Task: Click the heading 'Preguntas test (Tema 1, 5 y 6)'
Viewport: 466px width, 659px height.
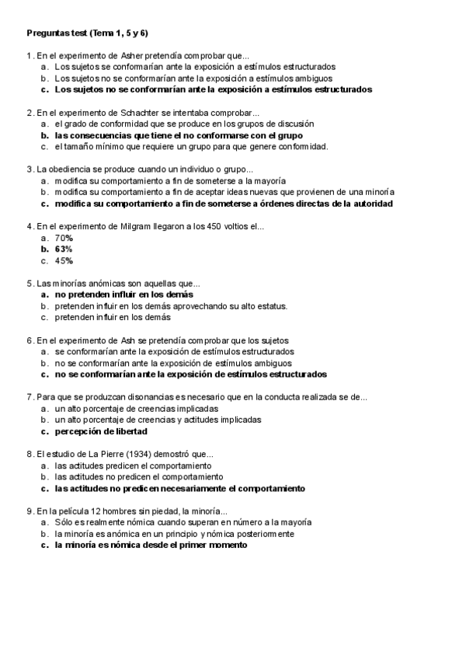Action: coord(88,33)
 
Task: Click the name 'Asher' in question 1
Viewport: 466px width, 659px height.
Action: coord(132,56)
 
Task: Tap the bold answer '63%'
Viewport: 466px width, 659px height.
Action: coord(64,249)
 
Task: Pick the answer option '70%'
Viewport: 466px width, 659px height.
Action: coord(64,238)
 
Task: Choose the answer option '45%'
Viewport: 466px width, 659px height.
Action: coord(64,261)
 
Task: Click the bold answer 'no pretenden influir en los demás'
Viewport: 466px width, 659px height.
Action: coord(123,295)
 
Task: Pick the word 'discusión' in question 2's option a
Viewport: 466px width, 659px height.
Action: coord(296,124)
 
